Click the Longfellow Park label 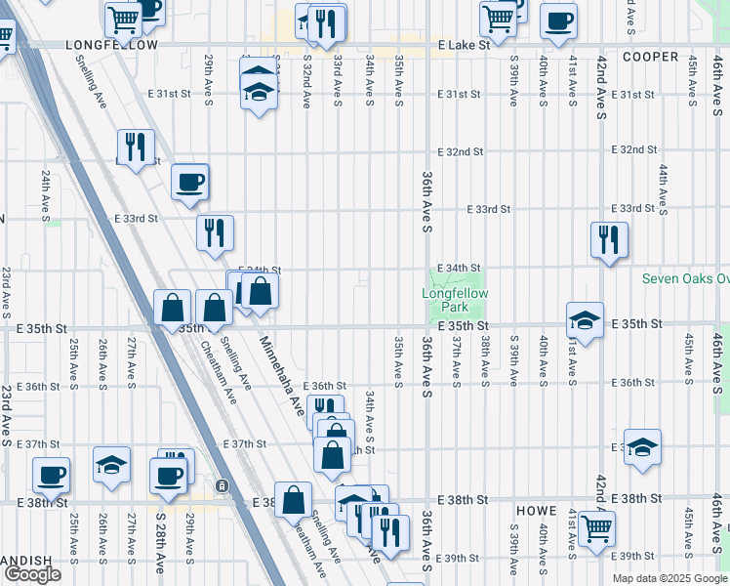click(x=455, y=300)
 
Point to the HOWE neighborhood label click(x=538, y=511)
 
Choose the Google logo click(x=32, y=573)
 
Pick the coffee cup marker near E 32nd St click(x=189, y=181)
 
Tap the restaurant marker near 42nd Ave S click(x=609, y=239)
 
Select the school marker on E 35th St click(x=584, y=319)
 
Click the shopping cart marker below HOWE click(x=595, y=527)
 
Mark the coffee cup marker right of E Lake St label click(x=558, y=20)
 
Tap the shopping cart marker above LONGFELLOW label click(x=123, y=18)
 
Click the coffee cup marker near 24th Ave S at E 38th click(x=51, y=475)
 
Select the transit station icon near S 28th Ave click(x=223, y=485)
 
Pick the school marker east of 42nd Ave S click(x=641, y=446)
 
